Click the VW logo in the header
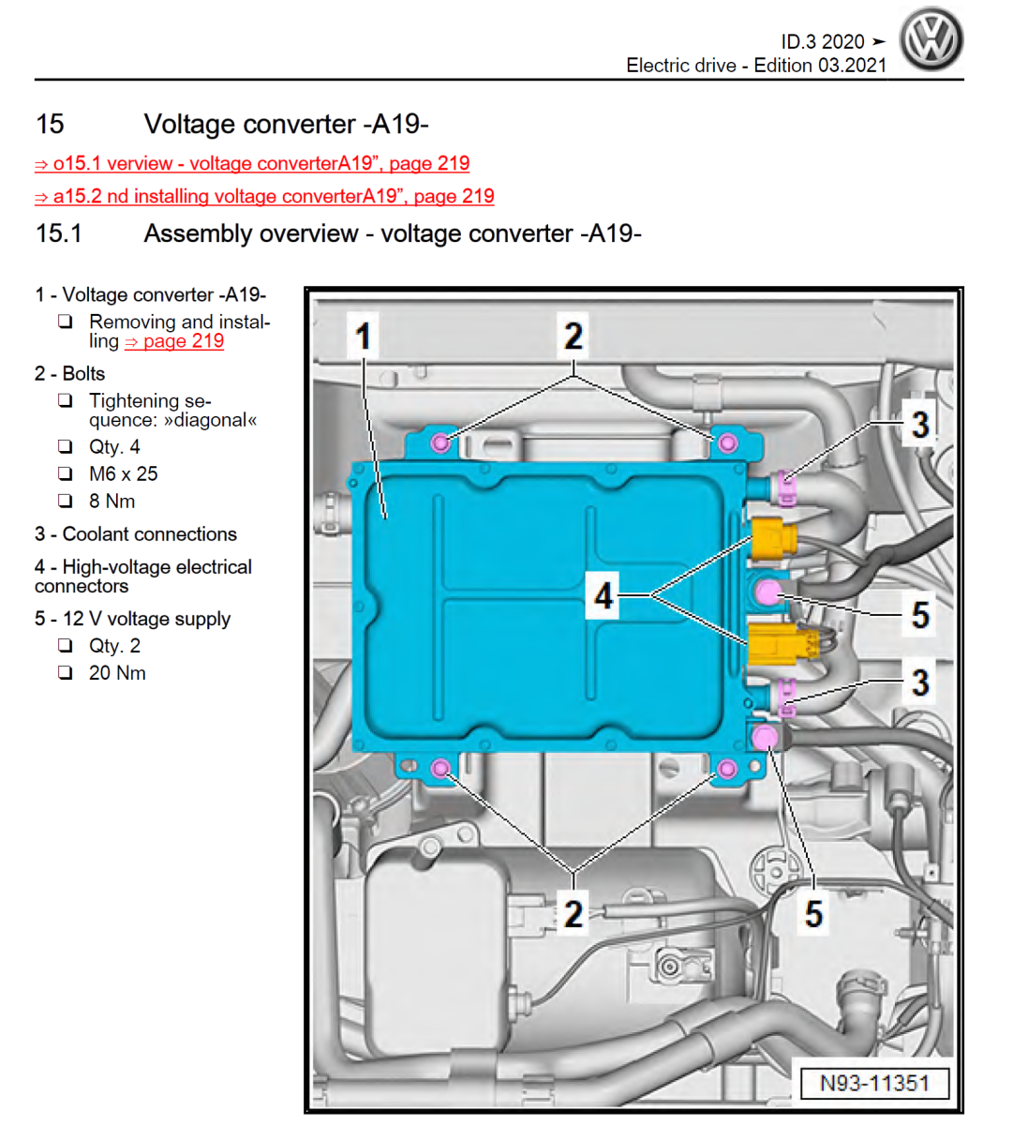(931, 40)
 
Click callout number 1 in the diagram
(364, 336)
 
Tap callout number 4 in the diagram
(603, 595)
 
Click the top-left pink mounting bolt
(439, 442)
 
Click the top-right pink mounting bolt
(727, 442)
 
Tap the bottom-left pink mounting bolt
(439, 770)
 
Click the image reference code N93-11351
(874, 1084)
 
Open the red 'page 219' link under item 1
(175, 341)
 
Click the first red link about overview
(252, 163)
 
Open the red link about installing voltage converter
(264, 196)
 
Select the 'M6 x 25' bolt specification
(123, 474)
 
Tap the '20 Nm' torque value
(117, 673)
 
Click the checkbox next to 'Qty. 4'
(66, 447)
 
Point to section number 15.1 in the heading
(58, 233)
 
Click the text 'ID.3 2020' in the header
(823, 41)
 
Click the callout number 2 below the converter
(574, 913)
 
